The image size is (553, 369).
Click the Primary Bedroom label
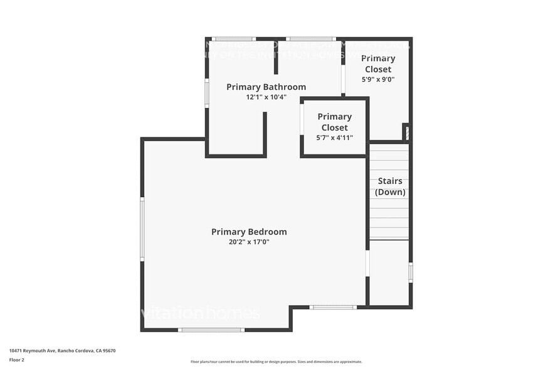click(x=249, y=232)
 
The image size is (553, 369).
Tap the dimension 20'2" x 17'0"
click(x=249, y=242)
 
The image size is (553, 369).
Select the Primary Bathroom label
click(x=266, y=87)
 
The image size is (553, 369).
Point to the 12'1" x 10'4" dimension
click(x=266, y=97)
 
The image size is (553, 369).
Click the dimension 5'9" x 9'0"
click(x=378, y=80)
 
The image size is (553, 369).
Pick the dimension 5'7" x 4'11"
click(x=334, y=137)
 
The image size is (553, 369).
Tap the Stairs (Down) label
click(x=390, y=186)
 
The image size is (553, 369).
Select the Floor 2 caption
click(x=17, y=360)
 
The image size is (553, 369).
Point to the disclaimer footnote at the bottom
click(x=276, y=361)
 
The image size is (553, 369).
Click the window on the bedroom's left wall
click(x=142, y=229)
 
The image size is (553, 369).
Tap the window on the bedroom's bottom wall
click(x=211, y=329)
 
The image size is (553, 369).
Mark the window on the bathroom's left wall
click(x=207, y=93)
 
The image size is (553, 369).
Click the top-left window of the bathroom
click(x=234, y=39)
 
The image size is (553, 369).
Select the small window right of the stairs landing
click(x=411, y=272)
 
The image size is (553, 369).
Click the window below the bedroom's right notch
click(x=333, y=307)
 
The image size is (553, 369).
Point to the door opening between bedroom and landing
click(x=367, y=264)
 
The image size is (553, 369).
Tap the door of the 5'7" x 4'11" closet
click(x=302, y=119)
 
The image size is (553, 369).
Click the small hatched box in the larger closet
click(x=406, y=132)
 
